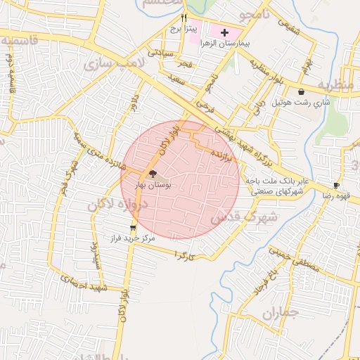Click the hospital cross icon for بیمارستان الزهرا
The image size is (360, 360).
pyautogui.click(x=225, y=32)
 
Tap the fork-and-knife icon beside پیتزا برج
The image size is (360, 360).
pyautogui.click(x=184, y=18)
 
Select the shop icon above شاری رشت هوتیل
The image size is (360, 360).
pyautogui.click(x=302, y=91)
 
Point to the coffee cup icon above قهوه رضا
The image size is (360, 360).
pyautogui.click(x=337, y=186)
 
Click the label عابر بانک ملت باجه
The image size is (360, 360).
pyautogui.click(x=274, y=181)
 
